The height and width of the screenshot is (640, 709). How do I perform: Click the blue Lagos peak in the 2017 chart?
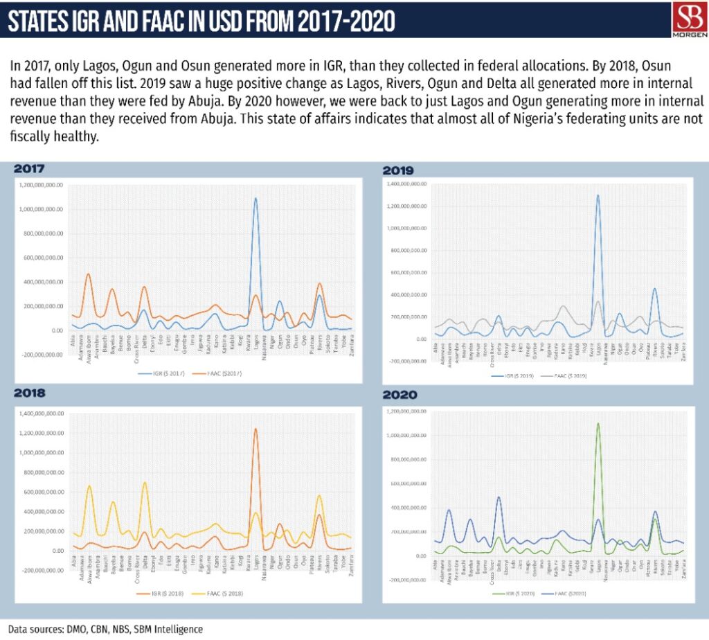coord(255,199)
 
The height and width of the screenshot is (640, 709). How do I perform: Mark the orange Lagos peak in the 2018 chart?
coord(255,429)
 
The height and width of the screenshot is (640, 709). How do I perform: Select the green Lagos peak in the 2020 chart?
coord(598,424)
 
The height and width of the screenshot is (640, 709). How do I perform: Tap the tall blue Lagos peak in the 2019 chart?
coord(598,196)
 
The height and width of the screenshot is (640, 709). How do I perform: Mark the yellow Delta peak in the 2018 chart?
coord(145,483)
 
